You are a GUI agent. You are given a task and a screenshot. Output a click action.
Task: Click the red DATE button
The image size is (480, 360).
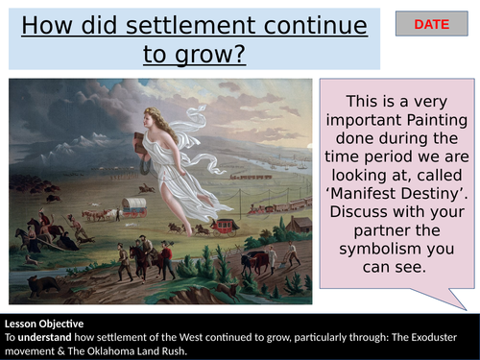432,24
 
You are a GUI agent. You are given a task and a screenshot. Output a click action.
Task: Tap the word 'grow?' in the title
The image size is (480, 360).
194,54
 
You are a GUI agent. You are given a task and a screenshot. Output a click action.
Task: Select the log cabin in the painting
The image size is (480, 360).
301,225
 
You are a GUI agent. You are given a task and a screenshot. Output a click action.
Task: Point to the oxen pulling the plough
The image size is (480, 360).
253,261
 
